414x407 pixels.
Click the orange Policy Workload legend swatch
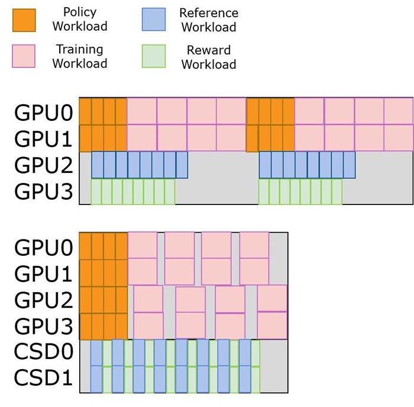pos(24,20)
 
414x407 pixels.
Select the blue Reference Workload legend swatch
pos(153,20)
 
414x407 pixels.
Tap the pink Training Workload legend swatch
pos(24,57)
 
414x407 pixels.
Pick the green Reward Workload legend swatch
pos(153,57)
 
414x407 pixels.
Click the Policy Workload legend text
pos(80,20)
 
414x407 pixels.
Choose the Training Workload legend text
pos(80,56)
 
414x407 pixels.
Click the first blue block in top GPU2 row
pos(97,165)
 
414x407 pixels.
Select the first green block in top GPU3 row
pos(95,192)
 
